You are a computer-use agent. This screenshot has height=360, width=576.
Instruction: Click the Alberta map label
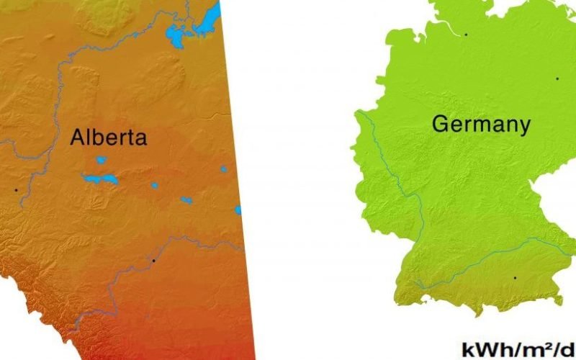(x=108, y=138)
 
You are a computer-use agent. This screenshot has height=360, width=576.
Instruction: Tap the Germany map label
(x=481, y=125)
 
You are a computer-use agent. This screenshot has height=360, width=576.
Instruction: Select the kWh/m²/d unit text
(x=518, y=349)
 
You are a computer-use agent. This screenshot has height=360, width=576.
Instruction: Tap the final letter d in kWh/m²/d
(x=568, y=349)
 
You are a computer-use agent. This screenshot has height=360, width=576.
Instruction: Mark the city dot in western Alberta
(x=15, y=189)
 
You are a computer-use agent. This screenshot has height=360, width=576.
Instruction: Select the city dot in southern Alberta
(x=153, y=260)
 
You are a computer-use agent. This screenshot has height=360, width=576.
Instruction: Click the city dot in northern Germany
(x=466, y=34)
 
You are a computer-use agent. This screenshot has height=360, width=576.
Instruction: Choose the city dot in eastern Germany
(x=557, y=78)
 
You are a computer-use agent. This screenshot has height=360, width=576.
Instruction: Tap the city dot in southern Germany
(x=514, y=277)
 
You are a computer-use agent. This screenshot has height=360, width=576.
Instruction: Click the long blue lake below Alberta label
(x=101, y=178)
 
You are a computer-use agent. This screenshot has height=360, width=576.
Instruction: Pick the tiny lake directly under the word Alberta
(x=101, y=160)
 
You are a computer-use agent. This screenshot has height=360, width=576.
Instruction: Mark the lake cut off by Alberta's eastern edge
(x=237, y=210)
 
